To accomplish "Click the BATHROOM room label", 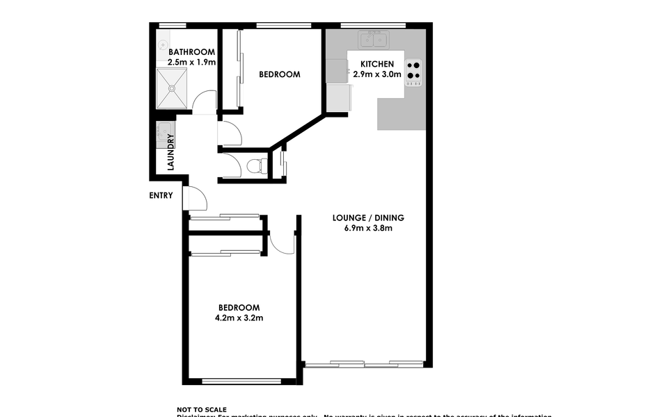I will pos(191,51).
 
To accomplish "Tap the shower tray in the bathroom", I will pos(171,88).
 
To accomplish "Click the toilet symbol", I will pos(256,165).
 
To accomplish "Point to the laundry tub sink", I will pos(164,130).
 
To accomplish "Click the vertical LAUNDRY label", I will pos(170,152).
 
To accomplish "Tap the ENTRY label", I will pos(161,195).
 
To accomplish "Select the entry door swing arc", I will pos(196,199).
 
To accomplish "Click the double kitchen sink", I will pos(373,40).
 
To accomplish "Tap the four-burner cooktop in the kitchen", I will pos(413,70).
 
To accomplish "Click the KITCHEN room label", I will pos(376,64).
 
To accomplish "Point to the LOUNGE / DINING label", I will pos(369,218).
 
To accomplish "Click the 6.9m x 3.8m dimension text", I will pos(369,228).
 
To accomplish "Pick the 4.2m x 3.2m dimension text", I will pos(239,318).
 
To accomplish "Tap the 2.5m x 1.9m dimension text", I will pos(191,62).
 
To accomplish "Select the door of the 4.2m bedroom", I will pos(282,243).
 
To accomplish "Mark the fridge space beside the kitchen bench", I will pos(338,97).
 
